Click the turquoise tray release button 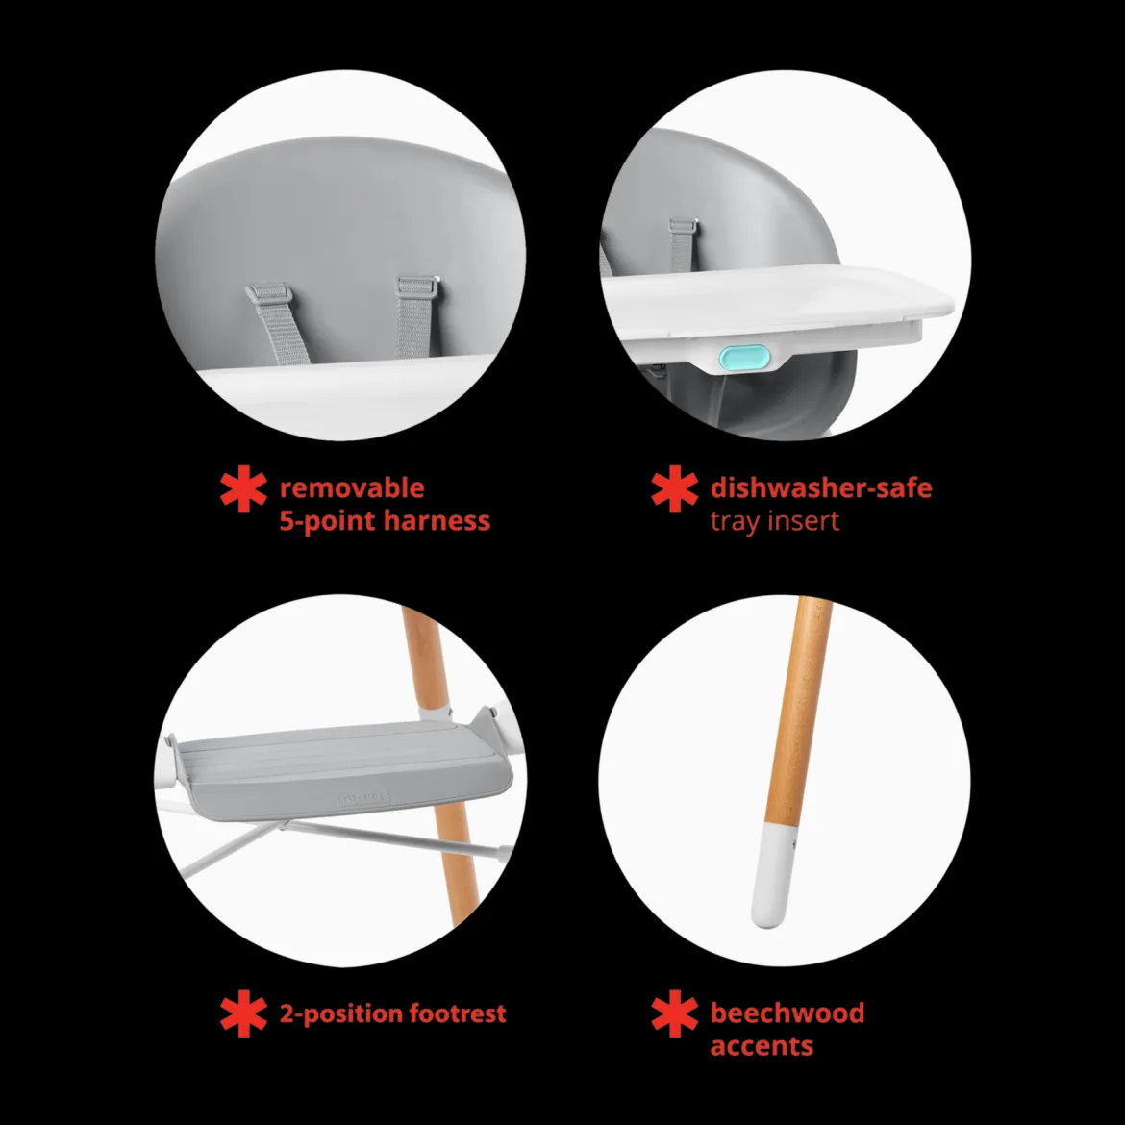744,357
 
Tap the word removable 352,488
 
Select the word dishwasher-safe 821,487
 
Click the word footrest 458,1013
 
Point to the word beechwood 787,1012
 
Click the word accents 762,1046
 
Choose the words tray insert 774,521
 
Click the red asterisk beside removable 244,488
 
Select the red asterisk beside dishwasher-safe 674,488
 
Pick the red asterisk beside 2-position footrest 244,1013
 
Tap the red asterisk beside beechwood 674,1013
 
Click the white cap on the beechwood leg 773,875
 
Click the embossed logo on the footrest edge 363,798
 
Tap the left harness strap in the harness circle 279,324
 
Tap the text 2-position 340,1014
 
